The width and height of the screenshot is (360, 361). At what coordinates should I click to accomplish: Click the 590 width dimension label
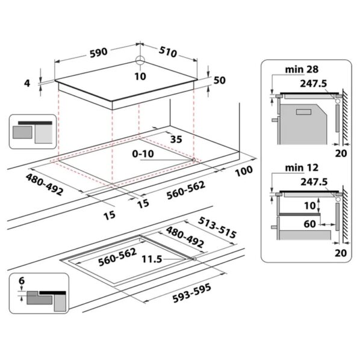tap(98, 52)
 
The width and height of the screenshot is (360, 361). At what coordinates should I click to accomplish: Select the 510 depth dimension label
tap(167, 52)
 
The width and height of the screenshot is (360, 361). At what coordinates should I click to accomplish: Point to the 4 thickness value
tap(27, 83)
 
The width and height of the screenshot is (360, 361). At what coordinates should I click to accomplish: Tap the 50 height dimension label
tap(219, 81)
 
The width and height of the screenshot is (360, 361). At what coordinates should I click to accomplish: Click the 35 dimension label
tap(176, 140)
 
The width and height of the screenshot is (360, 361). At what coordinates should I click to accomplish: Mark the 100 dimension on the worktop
tap(243, 171)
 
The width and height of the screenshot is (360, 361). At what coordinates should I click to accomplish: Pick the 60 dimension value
tap(310, 224)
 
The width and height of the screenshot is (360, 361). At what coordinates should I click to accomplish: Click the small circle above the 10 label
tap(140, 61)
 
